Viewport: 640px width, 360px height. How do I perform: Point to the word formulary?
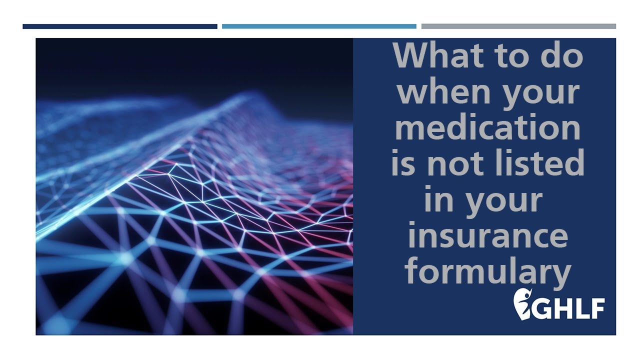(488, 272)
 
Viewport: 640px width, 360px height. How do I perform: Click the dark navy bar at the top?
(120, 26)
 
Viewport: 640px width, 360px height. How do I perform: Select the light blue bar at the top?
(319, 26)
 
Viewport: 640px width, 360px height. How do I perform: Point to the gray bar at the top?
(518, 26)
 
